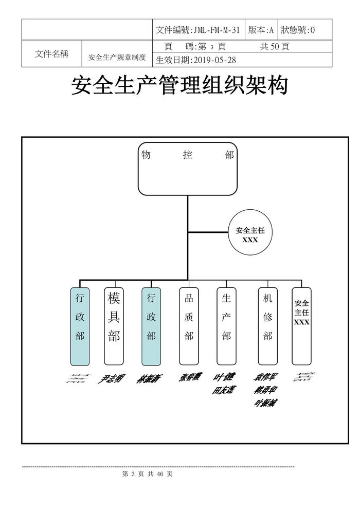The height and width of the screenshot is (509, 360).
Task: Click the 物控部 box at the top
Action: [187, 169]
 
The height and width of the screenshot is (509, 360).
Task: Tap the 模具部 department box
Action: [114, 325]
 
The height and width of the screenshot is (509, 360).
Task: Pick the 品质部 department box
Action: [189, 325]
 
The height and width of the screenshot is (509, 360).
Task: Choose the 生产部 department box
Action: [226, 325]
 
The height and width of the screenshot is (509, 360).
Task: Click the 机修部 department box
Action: [267, 325]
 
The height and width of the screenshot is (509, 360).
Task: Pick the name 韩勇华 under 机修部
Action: [265, 391]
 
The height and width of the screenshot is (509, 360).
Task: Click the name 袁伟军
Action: [265, 378]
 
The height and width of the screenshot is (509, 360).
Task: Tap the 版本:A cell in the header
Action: [261, 30]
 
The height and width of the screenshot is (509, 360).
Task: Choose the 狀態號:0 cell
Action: [298, 30]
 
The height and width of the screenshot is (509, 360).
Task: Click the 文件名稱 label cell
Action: [51, 54]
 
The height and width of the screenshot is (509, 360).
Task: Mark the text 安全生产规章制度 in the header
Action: [117, 58]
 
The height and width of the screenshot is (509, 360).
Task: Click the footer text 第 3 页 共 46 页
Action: [148, 474]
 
